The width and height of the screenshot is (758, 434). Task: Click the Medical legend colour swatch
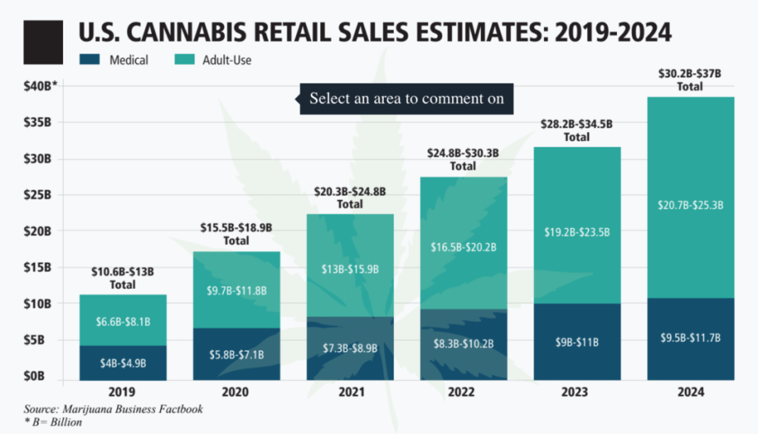pyautogui.click(x=89, y=60)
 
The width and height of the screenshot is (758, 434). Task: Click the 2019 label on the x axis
pyautogui.click(x=123, y=393)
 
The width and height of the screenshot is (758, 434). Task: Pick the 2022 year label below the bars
pyautogui.click(x=462, y=393)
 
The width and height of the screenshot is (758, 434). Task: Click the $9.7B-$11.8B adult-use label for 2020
pyautogui.click(x=236, y=290)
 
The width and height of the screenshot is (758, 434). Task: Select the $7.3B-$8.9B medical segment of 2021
pyautogui.click(x=349, y=348)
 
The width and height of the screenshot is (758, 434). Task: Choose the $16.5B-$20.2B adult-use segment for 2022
pyautogui.click(x=462, y=246)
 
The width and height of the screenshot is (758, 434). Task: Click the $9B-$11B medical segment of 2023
pyautogui.click(x=575, y=342)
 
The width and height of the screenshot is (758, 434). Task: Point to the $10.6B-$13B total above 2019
pyautogui.click(x=123, y=277)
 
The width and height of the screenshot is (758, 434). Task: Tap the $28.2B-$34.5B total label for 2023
pyautogui.click(x=575, y=130)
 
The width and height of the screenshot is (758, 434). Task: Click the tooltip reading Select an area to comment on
pyautogui.click(x=406, y=99)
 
